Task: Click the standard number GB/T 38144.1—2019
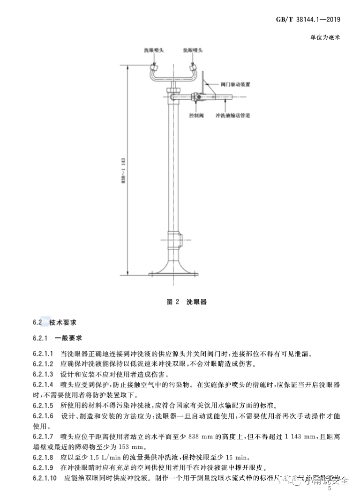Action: [x=307, y=20]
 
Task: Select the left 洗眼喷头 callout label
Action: [x=153, y=50]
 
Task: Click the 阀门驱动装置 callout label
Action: [x=235, y=85]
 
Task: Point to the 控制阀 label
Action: [x=195, y=115]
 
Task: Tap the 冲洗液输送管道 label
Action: [x=232, y=115]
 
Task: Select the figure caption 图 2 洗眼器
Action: [x=187, y=302]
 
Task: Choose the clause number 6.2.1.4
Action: [x=44, y=385]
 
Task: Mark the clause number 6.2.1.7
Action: [x=44, y=436]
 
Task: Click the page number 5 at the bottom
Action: [x=330, y=489]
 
